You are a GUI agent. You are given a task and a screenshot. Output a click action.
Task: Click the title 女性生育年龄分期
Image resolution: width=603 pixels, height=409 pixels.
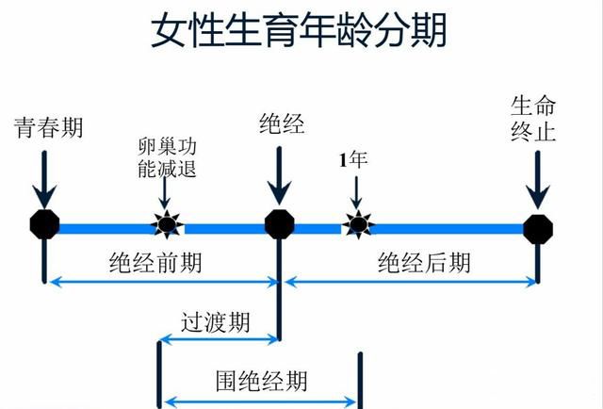(299, 31)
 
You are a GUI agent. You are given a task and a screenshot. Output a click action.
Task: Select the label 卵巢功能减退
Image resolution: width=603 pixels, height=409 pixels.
(166, 160)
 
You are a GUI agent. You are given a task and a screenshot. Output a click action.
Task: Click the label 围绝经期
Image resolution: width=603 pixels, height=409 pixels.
(261, 381)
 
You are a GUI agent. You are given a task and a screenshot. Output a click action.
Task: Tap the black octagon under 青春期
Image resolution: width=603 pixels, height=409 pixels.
(44, 224)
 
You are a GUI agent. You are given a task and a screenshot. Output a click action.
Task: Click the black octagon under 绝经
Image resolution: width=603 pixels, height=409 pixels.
(279, 224)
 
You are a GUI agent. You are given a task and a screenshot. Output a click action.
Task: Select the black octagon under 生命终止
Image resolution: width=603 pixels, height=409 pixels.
(538, 226)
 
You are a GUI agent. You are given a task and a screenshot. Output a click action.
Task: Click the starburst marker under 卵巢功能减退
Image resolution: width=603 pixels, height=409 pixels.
(167, 224)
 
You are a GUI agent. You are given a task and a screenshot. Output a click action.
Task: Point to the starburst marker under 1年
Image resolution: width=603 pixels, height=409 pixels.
(357, 224)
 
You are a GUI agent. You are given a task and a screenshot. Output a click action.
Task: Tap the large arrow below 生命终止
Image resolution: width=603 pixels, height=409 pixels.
(537, 179)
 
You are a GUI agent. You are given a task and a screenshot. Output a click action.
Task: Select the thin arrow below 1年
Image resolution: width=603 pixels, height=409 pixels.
(356, 193)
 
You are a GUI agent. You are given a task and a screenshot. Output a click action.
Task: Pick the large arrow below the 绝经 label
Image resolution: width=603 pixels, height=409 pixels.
(279, 174)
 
